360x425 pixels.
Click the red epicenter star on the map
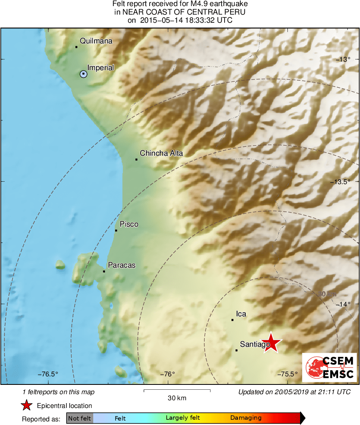pyautogui.click(x=271, y=343)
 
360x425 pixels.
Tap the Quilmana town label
pyautogui.click(x=96, y=41)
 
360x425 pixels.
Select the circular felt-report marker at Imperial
pyautogui.click(x=83, y=74)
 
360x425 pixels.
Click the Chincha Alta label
pyautogui.click(x=161, y=153)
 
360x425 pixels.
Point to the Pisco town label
pyautogui.click(x=129, y=224)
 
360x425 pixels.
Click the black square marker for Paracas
pyautogui.click(x=104, y=271)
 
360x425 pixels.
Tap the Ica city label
pyautogui.click(x=241, y=314)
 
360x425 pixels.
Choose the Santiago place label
pyautogui.click(x=255, y=344)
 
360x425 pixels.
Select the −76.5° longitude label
pyautogui.click(x=48, y=374)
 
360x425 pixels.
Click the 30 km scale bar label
pyautogui.click(x=177, y=398)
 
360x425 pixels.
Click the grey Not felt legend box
pyautogui.click(x=79, y=418)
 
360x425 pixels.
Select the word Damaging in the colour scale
pyautogui.click(x=246, y=418)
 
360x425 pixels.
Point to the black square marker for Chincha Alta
pyautogui.click(x=136, y=159)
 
